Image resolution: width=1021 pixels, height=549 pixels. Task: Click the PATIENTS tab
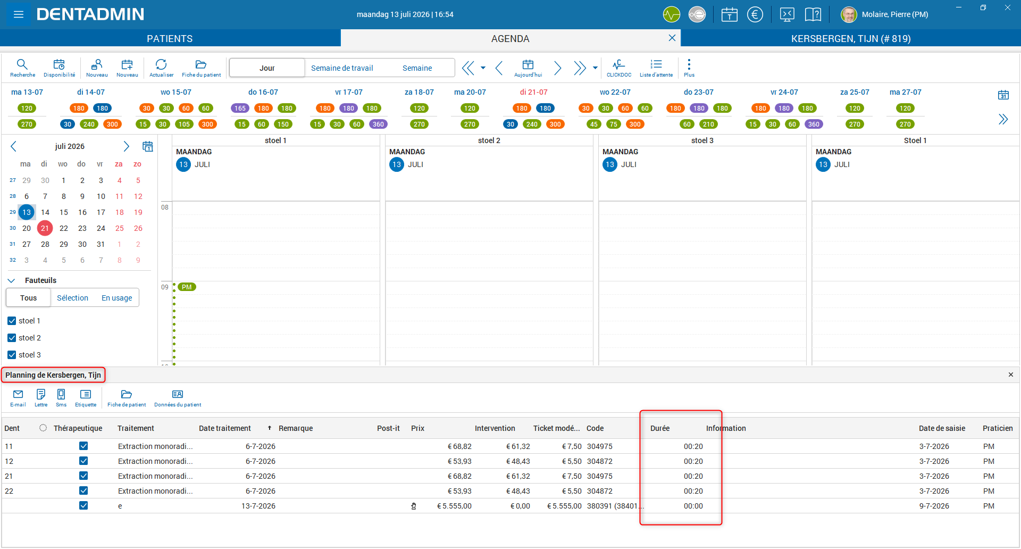coord(170,38)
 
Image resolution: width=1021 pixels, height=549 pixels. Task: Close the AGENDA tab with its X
coord(672,38)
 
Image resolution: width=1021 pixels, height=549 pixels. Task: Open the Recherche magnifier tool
coord(22,68)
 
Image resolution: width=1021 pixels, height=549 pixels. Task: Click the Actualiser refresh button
coord(161,68)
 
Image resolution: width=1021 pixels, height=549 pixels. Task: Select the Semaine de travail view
coord(342,68)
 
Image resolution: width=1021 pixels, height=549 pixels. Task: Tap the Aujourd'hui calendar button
coord(528,68)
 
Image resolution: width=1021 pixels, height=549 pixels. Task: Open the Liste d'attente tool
coord(656,68)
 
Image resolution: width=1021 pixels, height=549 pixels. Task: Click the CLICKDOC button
coord(619,68)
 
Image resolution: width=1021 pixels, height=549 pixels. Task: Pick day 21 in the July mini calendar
coord(45,228)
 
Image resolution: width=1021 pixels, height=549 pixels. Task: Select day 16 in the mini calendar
coord(82,212)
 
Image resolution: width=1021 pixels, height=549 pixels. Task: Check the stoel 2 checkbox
coord(12,338)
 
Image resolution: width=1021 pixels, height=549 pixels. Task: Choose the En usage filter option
coord(117,298)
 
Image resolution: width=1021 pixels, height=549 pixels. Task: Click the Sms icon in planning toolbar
coord(61,397)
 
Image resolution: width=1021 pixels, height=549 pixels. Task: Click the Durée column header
coord(660,428)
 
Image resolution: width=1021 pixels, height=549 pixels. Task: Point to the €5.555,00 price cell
coord(454,506)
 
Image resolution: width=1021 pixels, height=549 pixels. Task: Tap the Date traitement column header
coord(225,428)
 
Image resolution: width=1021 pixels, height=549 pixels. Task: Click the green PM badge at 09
coord(187,287)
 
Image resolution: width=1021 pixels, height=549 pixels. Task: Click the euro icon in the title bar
coord(755,14)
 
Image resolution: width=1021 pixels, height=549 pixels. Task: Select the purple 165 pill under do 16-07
coord(240,108)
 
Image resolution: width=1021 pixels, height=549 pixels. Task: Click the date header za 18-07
coord(419,92)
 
